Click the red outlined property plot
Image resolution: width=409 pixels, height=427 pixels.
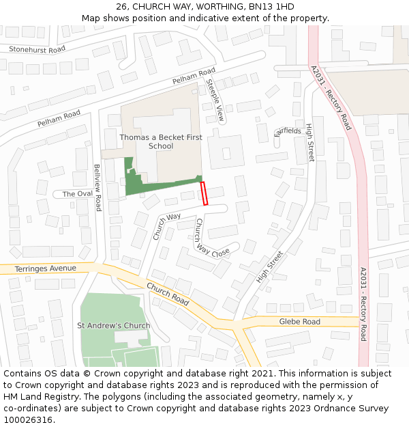point(204,193)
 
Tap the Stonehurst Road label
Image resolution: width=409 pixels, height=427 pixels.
point(37,49)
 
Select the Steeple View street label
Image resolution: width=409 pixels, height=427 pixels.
point(215,101)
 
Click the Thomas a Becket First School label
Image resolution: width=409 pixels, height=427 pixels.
point(161,141)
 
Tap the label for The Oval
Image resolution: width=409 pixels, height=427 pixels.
point(77,194)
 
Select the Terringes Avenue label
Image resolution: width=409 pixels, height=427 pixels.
point(45,268)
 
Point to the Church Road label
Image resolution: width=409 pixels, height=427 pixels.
point(167,295)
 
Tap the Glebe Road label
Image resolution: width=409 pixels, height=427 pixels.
point(299,322)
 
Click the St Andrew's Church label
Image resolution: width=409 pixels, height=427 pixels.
point(114,325)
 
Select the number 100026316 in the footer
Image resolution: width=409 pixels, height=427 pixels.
point(28,419)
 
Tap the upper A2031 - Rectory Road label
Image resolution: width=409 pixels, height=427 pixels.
point(331,98)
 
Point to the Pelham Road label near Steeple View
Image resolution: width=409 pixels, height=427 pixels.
point(194,76)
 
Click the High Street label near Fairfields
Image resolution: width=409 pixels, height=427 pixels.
point(310,142)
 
